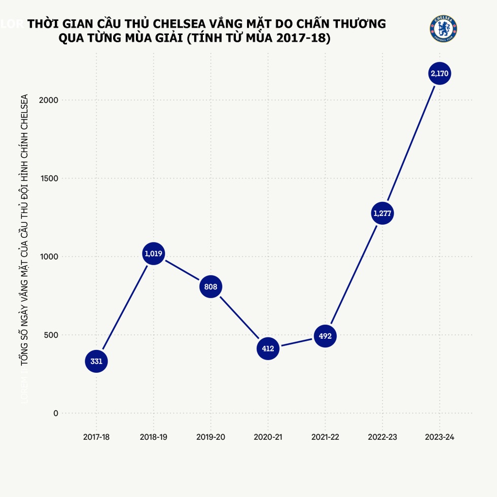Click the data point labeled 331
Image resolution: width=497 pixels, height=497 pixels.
pos(96,362)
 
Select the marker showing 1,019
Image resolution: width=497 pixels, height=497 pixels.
pos(153,254)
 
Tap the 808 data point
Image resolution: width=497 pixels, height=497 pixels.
pos(210,287)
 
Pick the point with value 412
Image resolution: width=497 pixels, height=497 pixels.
pos(268,348)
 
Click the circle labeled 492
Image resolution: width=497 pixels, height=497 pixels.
pos(325,336)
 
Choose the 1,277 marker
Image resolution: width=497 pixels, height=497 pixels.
pos(382,214)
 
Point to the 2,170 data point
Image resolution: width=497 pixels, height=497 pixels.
pos(439,74)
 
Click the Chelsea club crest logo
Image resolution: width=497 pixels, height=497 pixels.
pos(444,29)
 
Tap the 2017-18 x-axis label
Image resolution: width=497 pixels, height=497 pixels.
pos(96,437)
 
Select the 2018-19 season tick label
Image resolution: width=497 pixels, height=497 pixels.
pos(153,437)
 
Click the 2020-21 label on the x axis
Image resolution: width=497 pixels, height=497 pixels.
pos(268,437)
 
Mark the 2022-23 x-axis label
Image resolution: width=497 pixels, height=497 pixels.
pos(382,437)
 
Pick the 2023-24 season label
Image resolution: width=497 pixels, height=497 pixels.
pos(439,437)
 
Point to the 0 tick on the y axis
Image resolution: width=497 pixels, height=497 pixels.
pos(56,413)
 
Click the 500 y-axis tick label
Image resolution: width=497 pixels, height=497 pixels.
pos(52,335)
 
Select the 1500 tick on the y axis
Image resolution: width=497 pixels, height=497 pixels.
pos(49,179)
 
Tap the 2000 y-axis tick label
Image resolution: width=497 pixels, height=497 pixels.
pos(49,100)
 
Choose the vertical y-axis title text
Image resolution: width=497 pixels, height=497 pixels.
pos(24,228)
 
